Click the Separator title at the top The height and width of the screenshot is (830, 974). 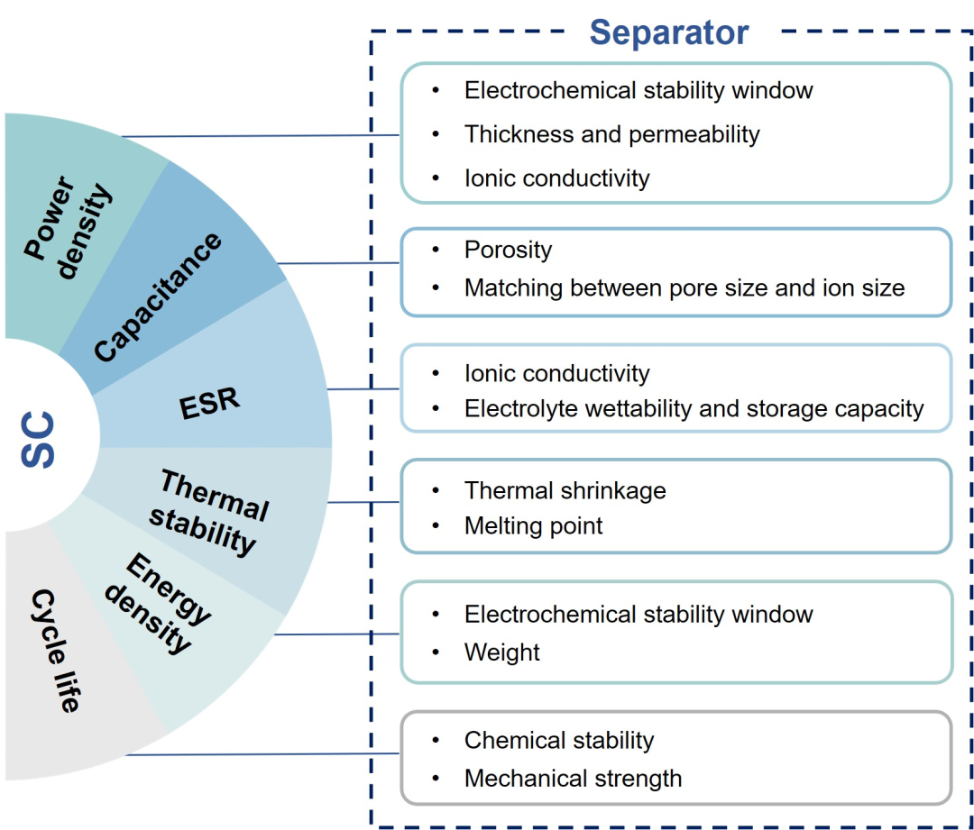(x=669, y=32)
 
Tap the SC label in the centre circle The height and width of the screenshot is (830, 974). (x=38, y=439)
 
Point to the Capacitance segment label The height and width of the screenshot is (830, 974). (x=158, y=296)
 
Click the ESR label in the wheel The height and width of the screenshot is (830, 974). (x=209, y=403)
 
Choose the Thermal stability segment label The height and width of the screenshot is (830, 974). (x=209, y=513)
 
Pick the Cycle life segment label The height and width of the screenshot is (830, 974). (x=55, y=650)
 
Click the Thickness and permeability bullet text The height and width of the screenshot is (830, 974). (x=611, y=134)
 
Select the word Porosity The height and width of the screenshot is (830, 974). (x=508, y=251)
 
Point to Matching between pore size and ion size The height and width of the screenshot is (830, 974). (x=685, y=288)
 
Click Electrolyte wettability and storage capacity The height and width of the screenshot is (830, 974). (x=694, y=408)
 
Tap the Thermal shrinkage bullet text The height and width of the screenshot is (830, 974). (x=565, y=490)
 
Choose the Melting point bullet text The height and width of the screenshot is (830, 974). (x=534, y=525)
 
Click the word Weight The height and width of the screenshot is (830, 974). (x=502, y=652)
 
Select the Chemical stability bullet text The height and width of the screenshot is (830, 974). (x=559, y=740)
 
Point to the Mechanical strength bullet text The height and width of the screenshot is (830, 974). (x=573, y=779)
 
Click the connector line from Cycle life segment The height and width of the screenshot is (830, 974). (x=262, y=754)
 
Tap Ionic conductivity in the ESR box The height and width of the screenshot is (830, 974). (x=556, y=373)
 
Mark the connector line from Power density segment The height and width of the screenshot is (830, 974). (x=260, y=135)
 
